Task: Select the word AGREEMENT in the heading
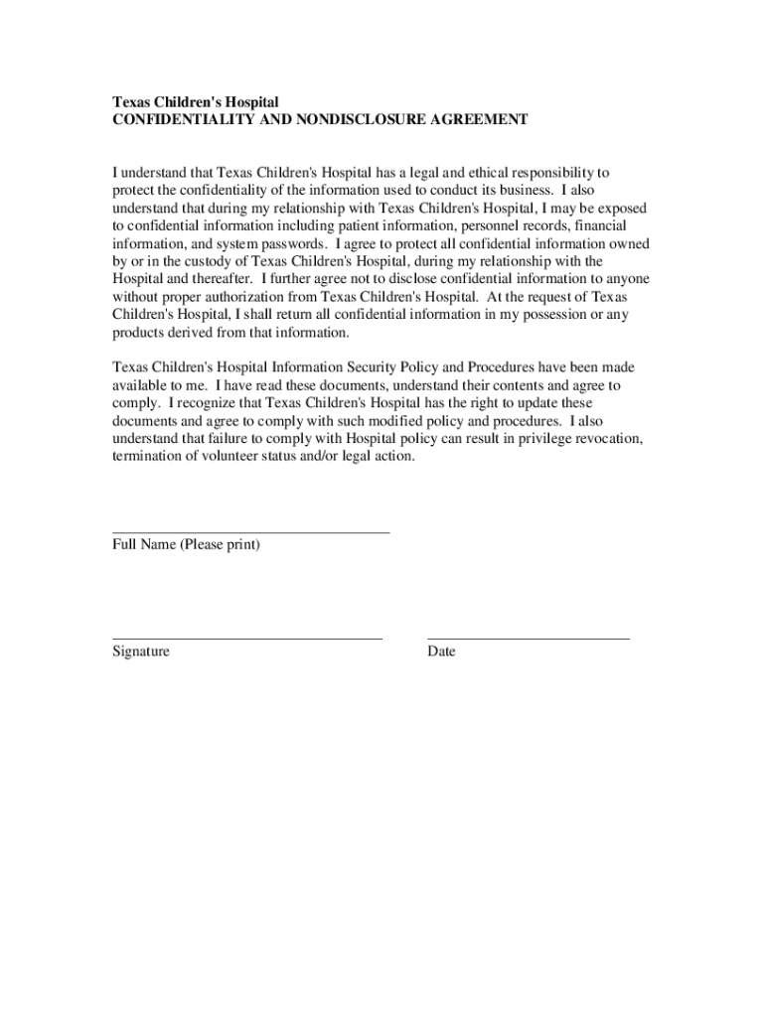tap(479, 120)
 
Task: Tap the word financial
tap(595, 225)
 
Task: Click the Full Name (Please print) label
tap(186, 545)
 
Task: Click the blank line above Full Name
tap(250, 533)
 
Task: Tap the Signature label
tap(140, 652)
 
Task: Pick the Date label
tap(441, 652)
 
